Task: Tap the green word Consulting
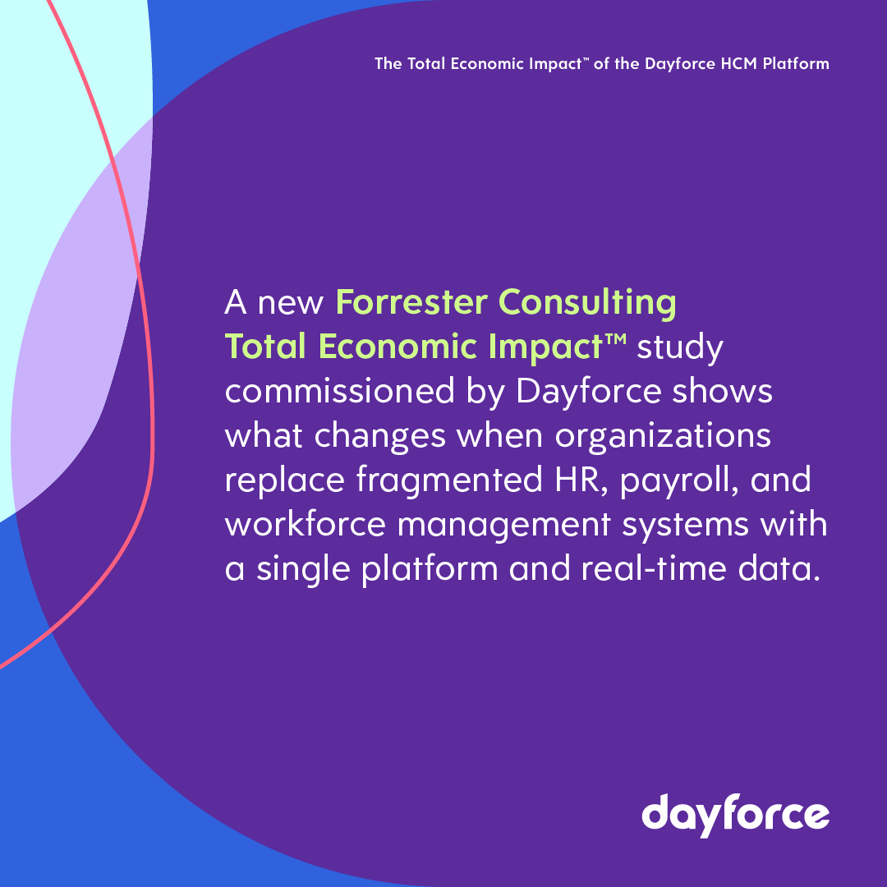(x=589, y=302)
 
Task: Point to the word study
(x=681, y=348)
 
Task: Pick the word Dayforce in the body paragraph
(x=589, y=393)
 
